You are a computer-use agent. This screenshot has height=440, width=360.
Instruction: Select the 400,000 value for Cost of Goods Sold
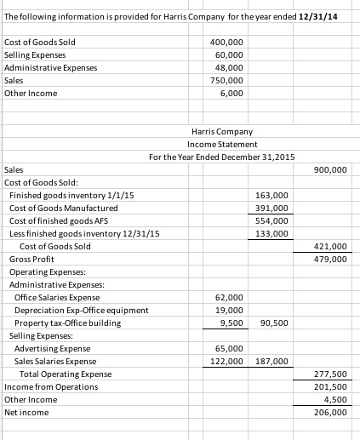point(226,42)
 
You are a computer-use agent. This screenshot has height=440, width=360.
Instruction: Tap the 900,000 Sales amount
point(330,170)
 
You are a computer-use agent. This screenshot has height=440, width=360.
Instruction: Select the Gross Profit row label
point(29,259)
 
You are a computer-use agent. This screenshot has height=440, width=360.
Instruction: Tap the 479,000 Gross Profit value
point(330,259)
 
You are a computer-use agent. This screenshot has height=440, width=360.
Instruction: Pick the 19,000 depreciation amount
point(231,310)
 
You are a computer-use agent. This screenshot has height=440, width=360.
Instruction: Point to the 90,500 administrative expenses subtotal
point(274,323)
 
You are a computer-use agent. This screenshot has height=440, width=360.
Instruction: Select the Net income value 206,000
point(330,412)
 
